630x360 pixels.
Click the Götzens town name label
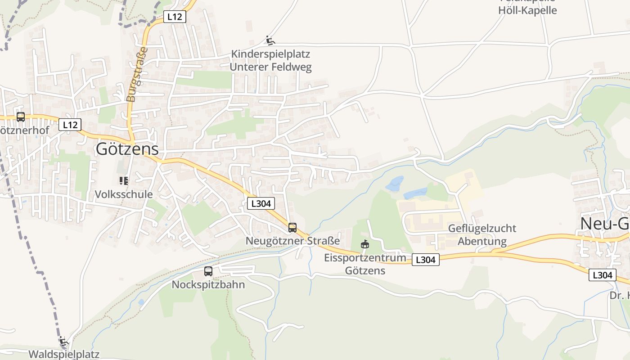pyautogui.click(x=127, y=149)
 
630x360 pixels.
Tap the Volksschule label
pyautogui.click(x=124, y=194)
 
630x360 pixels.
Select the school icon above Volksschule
pyautogui.click(x=124, y=181)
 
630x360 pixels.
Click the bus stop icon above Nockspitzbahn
pyautogui.click(x=208, y=271)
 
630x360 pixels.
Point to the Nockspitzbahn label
pyautogui.click(x=208, y=285)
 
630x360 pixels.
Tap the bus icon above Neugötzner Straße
pyautogui.click(x=292, y=228)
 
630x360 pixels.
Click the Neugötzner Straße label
pyautogui.click(x=292, y=241)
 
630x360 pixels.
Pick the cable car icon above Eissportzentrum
pyautogui.click(x=365, y=244)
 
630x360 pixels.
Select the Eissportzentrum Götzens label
pyautogui.click(x=365, y=264)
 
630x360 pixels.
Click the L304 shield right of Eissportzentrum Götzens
pyautogui.click(x=425, y=260)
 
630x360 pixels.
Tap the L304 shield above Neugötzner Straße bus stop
pyautogui.click(x=261, y=203)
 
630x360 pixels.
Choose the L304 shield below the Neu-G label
pyautogui.click(x=602, y=275)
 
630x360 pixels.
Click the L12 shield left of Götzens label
pyautogui.click(x=70, y=125)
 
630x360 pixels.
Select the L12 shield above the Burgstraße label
pyautogui.click(x=174, y=17)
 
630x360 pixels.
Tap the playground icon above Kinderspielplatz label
pyautogui.click(x=270, y=40)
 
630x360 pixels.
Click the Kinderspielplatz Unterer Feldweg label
pyautogui.click(x=270, y=61)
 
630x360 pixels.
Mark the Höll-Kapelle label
pyautogui.click(x=527, y=10)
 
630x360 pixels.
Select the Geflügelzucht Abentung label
pyautogui.click(x=482, y=235)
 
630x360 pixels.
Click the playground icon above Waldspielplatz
pyautogui.click(x=64, y=342)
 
